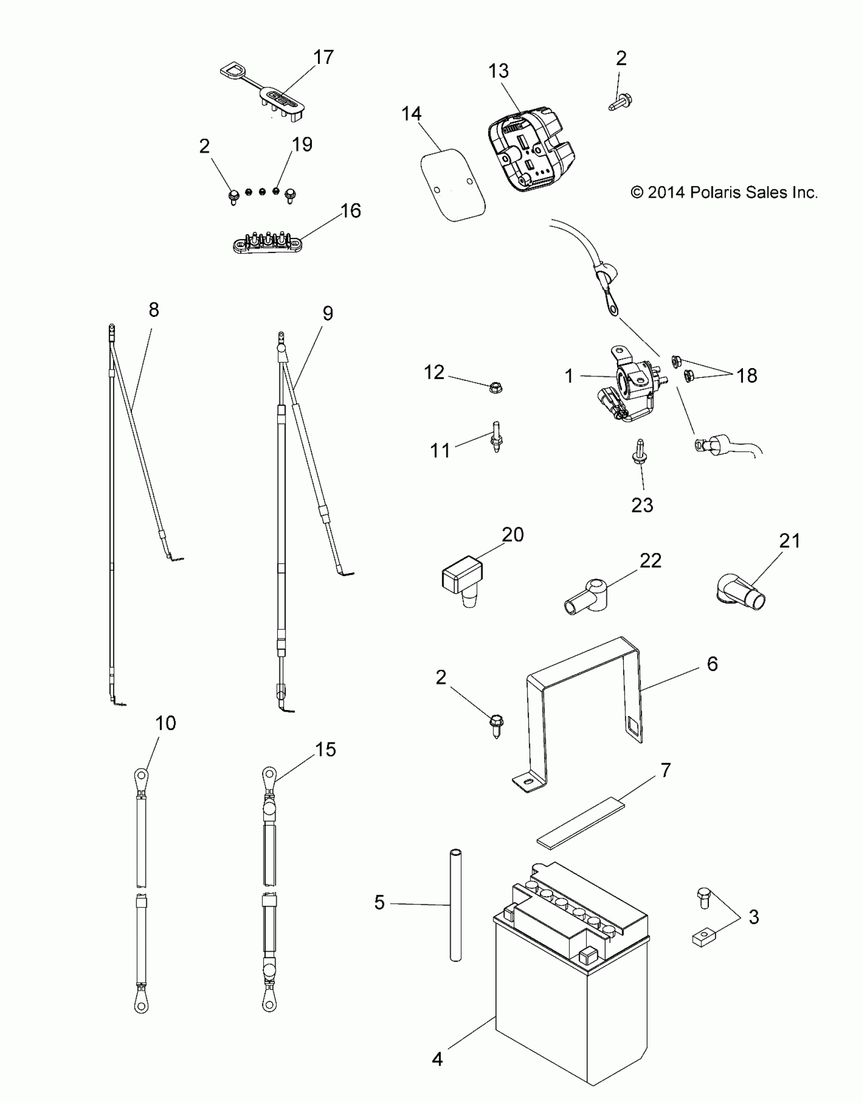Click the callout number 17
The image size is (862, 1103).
pos(324,57)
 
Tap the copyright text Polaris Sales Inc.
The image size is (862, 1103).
pos(724,193)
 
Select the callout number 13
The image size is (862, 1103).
pos(498,71)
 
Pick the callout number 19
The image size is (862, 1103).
pos(302,145)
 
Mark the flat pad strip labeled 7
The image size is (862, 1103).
pos(579,823)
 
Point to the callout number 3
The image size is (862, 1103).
pos(753,917)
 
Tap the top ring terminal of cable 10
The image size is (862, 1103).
pos(141,775)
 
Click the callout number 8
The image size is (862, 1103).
pos(154,310)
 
